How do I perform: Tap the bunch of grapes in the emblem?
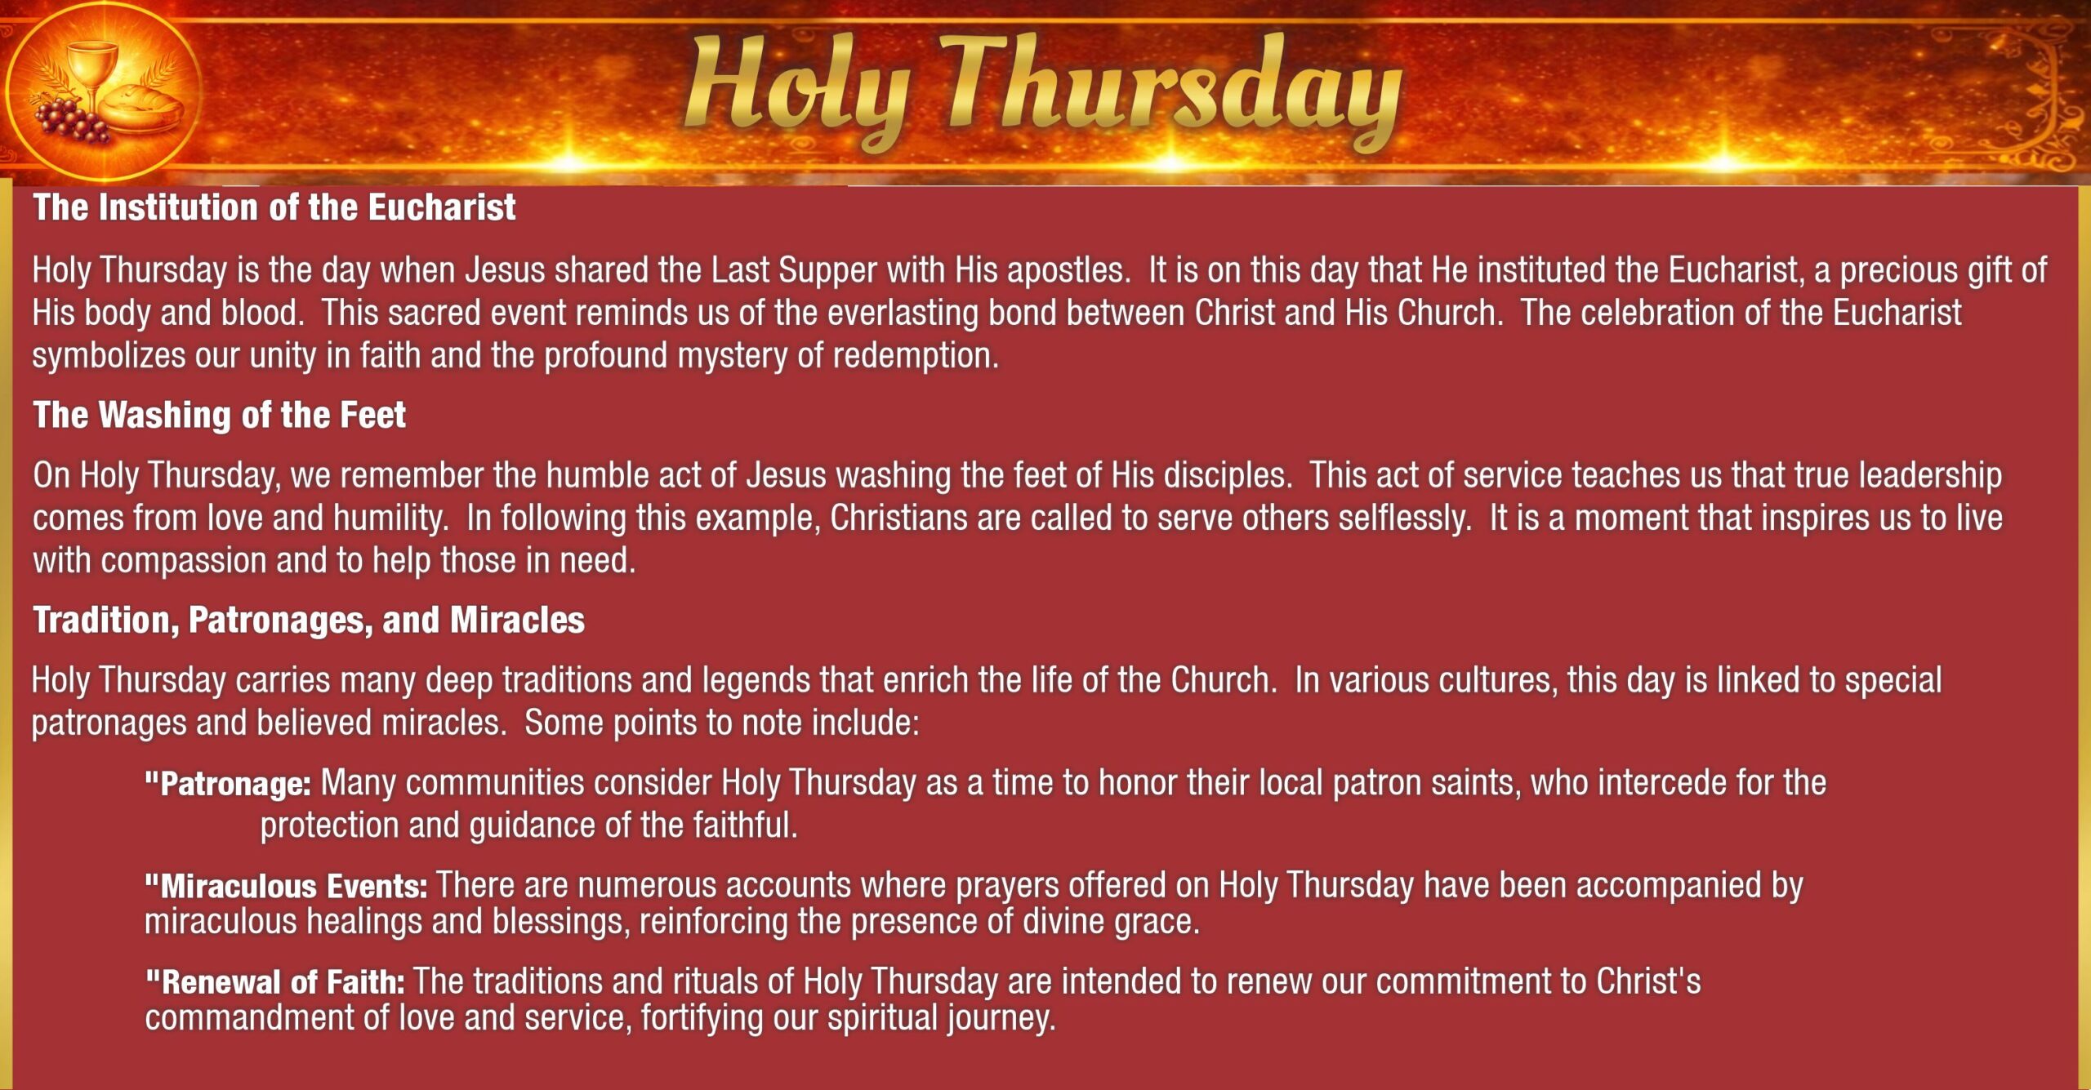69,121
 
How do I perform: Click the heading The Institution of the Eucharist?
274,207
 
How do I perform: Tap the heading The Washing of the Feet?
219,415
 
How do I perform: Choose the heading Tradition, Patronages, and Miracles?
309,621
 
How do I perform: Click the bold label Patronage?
228,784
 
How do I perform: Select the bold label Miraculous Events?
286,886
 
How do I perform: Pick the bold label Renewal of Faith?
274,981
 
